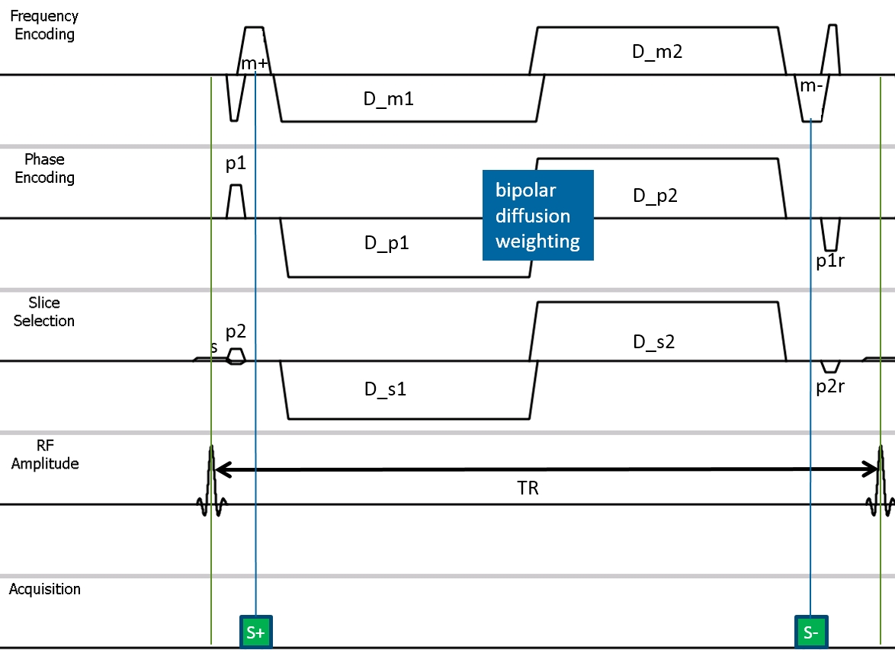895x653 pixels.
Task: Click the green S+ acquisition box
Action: (x=255, y=632)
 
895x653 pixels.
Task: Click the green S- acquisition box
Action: (x=811, y=632)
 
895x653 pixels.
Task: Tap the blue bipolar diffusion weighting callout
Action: (x=537, y=215)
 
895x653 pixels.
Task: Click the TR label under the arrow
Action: (x=528, y=488)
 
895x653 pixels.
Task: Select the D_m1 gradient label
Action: (x=388, y=98)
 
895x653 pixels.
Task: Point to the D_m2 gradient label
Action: (x=657, y=52)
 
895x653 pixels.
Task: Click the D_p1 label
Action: (x=387, y=243)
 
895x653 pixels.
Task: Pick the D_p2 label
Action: (x=656, y=196)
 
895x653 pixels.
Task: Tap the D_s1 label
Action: (x=385, y=389)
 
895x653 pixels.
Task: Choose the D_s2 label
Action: (x=654, y=341)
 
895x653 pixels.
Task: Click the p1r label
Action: (x=830, y=261)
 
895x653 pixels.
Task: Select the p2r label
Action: (x=830, y=386)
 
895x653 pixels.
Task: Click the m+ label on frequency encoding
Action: (x=255, y=63)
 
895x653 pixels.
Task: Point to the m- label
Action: (x=812, y=86)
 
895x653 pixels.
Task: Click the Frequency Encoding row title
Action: (x=44, y=25)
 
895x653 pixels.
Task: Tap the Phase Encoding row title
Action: (x=44, y=168)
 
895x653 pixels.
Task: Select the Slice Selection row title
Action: (x=44, y=312)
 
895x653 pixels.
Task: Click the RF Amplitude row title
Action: (x=45, y=455)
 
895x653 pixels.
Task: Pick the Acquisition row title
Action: (x=44, y=589)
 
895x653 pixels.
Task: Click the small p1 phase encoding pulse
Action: (x=236, y=201)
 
